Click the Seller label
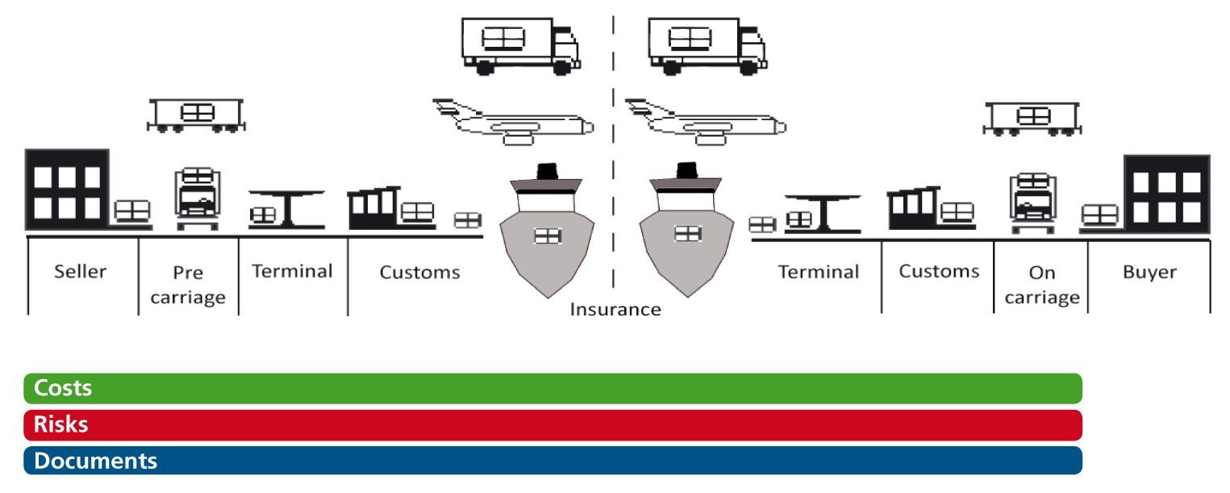pyautogui.click(x=80, y=272)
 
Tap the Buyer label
pyautogui.click(x=1149, y=272)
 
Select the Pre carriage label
pyautogui.click(x=188, y=285)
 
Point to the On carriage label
pyautogui.click(x=1042, y=285)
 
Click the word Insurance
pyautogui.click(x=615, y=309)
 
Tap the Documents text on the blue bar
pyautogui.click(x=90, y=461)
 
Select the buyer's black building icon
pyautogui.click(x=1166, y=191)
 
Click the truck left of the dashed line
pyautogui.click(x=519, y=46)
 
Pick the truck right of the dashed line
pyautogui.click(x=707, y=46)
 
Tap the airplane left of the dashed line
pyautogui.click(x=513, y=122)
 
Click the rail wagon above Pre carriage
pyautogui.click(x=196, y=115)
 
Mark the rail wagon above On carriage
pyautogui.click(x=1032, y=118)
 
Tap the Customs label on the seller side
pyautogui.click(x=419, y=273)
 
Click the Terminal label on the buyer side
pyautogui.click(x=818, y=272)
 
